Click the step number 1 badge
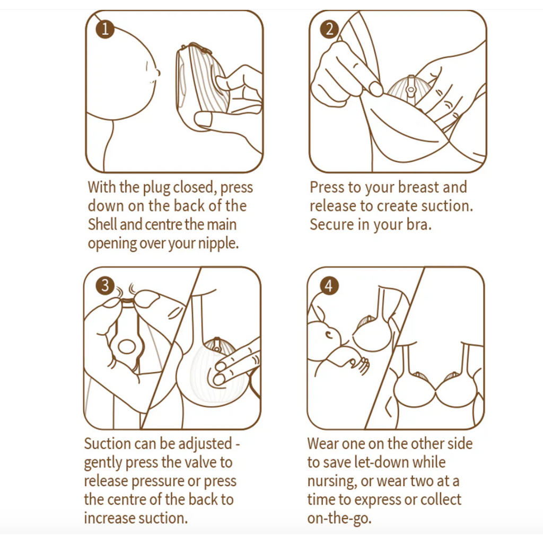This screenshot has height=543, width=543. pos(105,29)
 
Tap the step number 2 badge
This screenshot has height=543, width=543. pos(329,29)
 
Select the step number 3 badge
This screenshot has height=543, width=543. pos(105,286)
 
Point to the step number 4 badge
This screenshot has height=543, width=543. pos(329,286)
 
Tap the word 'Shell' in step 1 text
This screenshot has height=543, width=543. pos(102,224)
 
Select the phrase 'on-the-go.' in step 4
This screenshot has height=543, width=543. pos(339,519)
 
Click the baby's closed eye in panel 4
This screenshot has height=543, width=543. pos(329,335)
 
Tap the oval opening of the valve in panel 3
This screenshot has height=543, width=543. pos(127,346)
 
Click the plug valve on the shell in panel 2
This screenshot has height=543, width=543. pos(411,89)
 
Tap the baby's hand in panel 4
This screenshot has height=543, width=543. pos(360,365)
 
